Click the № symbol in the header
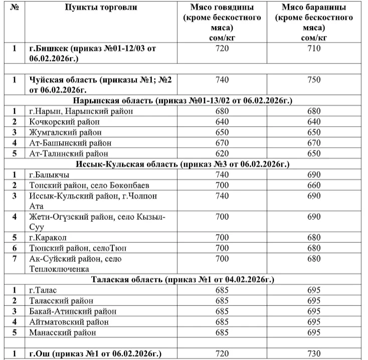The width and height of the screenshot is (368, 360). [x=14, y=8]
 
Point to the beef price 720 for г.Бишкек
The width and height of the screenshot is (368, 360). [x=222, y=49]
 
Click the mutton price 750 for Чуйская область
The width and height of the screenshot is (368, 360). [x=314, y=80]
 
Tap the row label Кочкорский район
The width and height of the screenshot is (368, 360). [x=64, y=122]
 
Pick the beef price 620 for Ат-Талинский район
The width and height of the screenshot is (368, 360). [x=222, y=153]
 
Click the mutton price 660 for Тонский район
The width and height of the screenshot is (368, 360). [x=314, y=185]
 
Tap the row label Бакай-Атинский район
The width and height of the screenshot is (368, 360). [x=73, y=311]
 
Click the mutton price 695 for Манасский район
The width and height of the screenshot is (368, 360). [x=314, y=332]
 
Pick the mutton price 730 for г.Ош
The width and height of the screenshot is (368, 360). [x=314, y=353]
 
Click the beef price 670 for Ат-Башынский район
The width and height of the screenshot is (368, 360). [x=222, y=143]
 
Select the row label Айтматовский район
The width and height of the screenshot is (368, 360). [x=69, y=321]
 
